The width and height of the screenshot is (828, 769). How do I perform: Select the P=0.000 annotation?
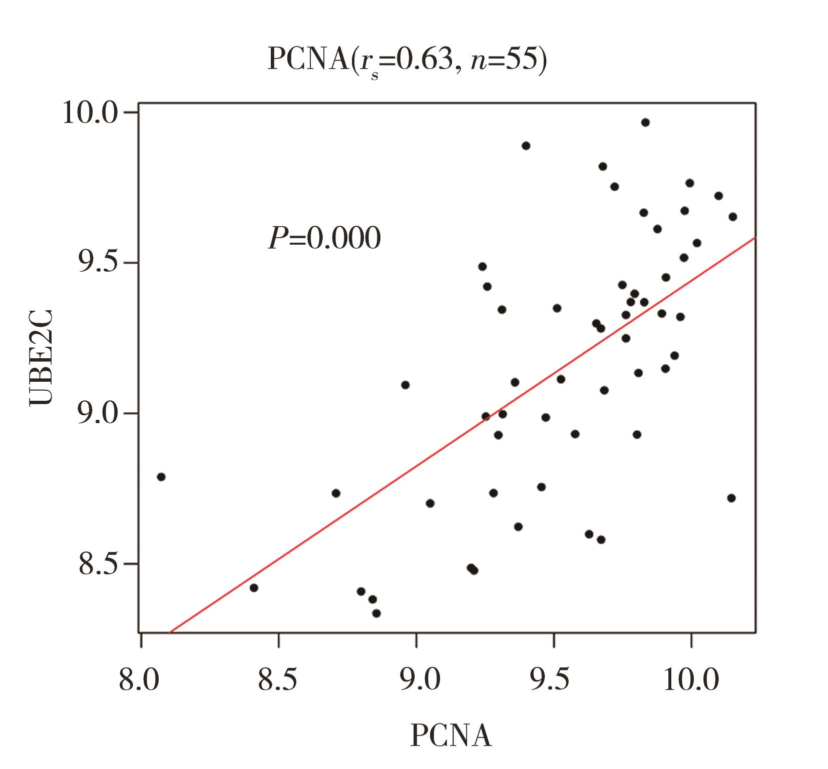[324, 239]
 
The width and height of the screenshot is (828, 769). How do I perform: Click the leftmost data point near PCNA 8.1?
[161, 477]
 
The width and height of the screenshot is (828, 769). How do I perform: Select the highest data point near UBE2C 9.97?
[645, 123]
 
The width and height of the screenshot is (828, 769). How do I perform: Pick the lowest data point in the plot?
[376, 613]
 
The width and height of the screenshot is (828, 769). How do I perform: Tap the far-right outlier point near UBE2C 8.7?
[731, 498]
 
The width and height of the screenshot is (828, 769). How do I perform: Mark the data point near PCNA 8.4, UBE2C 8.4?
[254, 587]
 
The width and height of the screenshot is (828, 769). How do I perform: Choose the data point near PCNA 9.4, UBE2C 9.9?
[526, 146]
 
